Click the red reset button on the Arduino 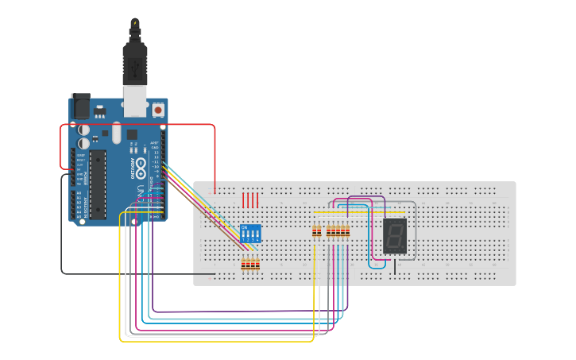(158, 109)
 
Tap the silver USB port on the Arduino (136, 100)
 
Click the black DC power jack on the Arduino (80, 106)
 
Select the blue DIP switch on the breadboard (250, 234)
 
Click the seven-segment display (395, 235)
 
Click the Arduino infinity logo (141, 168)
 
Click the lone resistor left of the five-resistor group (317, 231)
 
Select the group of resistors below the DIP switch (251, 264)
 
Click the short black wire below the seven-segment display (395, 266)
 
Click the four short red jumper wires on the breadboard (250, 199)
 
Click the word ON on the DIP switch (244, 226)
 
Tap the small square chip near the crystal (132, 134)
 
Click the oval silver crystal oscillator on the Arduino (117, 132)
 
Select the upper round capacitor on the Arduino (83, 129)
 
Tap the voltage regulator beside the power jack (99, 109)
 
